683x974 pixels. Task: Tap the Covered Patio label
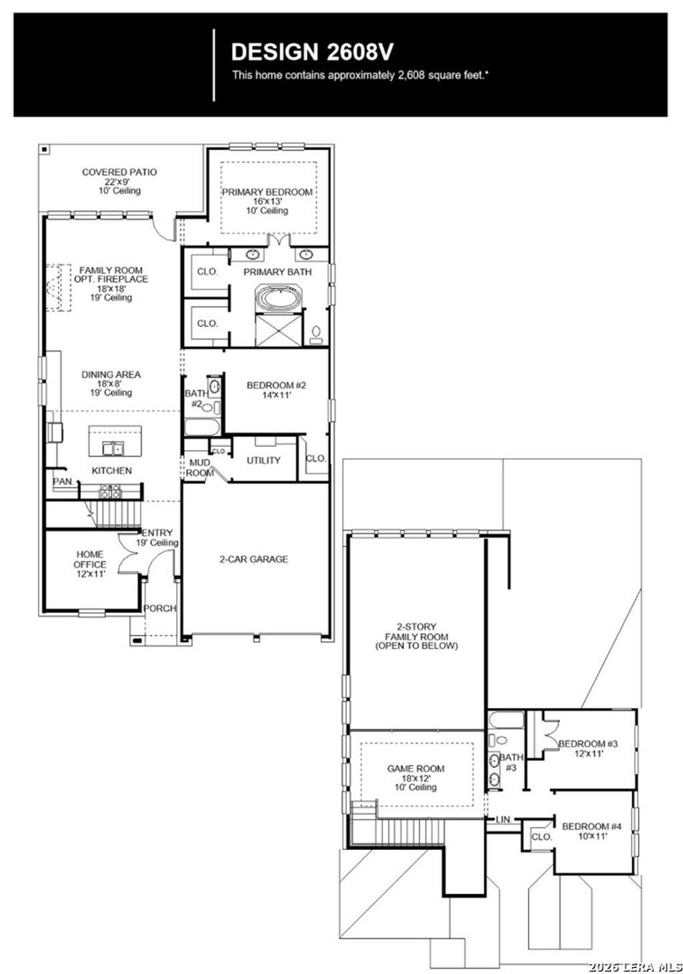(x=119, y=173)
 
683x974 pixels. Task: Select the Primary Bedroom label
(x=267, y=192)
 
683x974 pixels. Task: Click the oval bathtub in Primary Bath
(x=279, y=297)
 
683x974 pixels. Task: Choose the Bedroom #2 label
(x=276, y=385)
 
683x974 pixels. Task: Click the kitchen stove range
(x=110, y=492)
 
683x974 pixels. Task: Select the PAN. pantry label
(x=63, y=481)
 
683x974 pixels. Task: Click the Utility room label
(x=263, y=460)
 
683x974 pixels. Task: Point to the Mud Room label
(x=199, y=467)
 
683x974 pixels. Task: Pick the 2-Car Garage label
(x=253, y=559)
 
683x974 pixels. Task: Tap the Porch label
(x=160, y=608)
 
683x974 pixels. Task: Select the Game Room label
(x=416, y=769)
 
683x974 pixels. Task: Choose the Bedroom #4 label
(x=591, y=826)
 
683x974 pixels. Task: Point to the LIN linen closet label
(x=503, y=819)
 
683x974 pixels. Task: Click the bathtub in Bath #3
(x=506, y=720)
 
